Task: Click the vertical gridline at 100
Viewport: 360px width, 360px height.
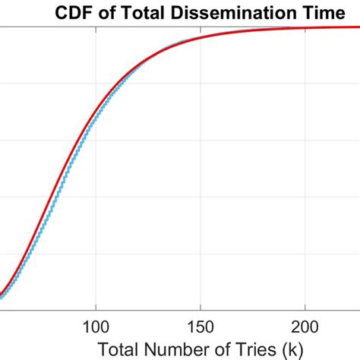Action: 95,228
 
